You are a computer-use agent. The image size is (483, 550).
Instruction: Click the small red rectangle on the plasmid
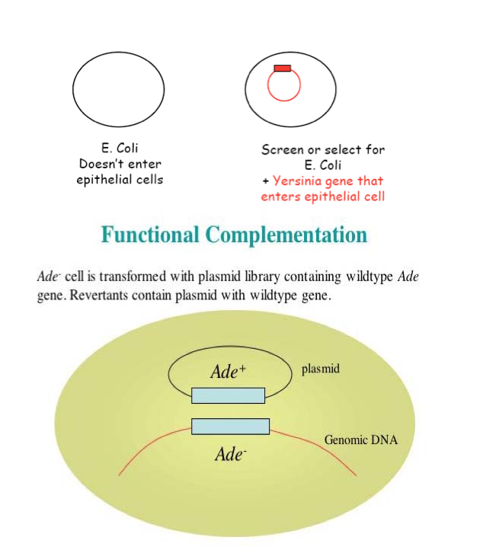coord(283,69)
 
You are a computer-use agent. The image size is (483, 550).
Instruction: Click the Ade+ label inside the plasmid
coord(229,372)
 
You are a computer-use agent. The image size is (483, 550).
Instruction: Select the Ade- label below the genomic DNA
coord(229,455)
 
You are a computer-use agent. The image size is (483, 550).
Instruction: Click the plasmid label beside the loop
coord(321,369)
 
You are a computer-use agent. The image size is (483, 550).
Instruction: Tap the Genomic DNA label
coord(361,440)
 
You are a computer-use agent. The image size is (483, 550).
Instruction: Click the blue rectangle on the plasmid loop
coord(228,395)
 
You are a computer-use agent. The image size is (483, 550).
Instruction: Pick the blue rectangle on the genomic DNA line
coord(230,427)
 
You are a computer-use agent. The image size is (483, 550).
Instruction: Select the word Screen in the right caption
coord(282,149)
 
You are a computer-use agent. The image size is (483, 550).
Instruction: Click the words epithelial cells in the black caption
coord(120,180)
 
